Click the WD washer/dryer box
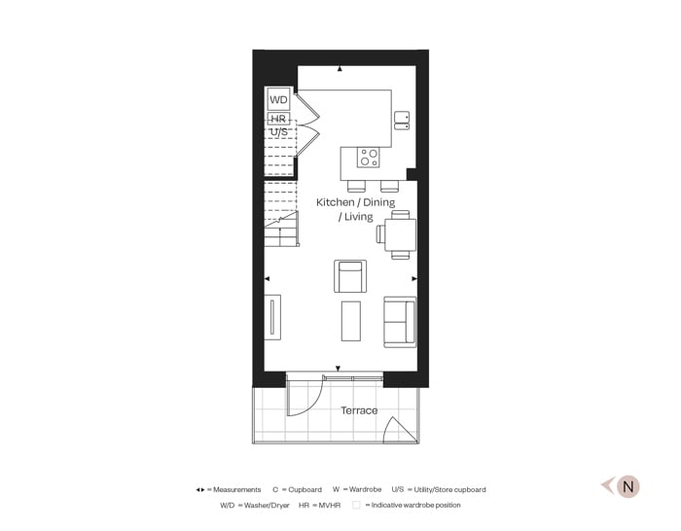click(278, 99)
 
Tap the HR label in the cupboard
click(278, 119)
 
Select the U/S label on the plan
click(278, 131)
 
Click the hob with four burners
click(369, 156)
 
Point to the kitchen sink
click(401, 120)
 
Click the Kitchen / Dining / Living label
click(355, 209)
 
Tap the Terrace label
click(359, 410)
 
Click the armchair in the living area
click(349, 276)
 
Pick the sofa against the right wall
click(400, 321)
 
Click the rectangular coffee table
click(350, 321)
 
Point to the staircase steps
click(279, 195)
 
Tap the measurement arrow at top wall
click(340, 69)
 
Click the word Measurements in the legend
click(237, 489)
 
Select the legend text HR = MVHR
click(312, 505)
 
